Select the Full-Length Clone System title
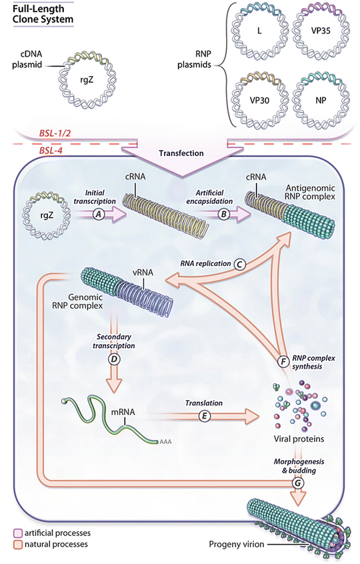(x=40, y=14)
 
